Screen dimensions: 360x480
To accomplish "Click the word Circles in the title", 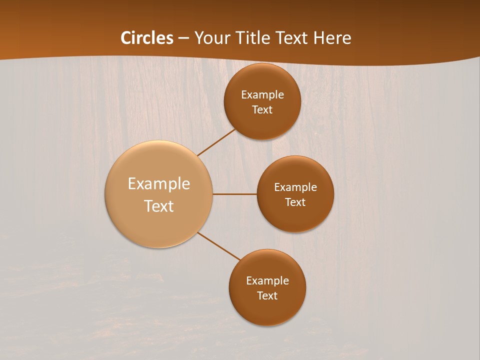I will (x=147, y=38).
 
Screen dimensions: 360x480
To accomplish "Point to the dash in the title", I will (x=183, y=38).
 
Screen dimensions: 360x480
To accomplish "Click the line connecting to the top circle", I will (x=217, y=142).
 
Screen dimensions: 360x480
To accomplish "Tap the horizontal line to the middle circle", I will (x=234, y=194).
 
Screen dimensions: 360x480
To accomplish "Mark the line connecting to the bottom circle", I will (x=219, y=246).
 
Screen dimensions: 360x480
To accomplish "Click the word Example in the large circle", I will (x=158, y=184).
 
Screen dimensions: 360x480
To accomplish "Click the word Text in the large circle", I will (x=158, y=206).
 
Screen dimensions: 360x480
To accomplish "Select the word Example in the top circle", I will (x=262, y=95).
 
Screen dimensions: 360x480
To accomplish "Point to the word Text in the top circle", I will (x=262, y=110).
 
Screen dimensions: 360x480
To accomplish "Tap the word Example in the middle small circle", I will (x=295, y=187).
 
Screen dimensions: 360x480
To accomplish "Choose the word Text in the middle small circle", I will (x=295, y=202).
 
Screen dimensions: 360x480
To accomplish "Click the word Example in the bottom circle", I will (x=267, y=281).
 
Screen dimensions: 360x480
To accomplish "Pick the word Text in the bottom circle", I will (x=267, y=296).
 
